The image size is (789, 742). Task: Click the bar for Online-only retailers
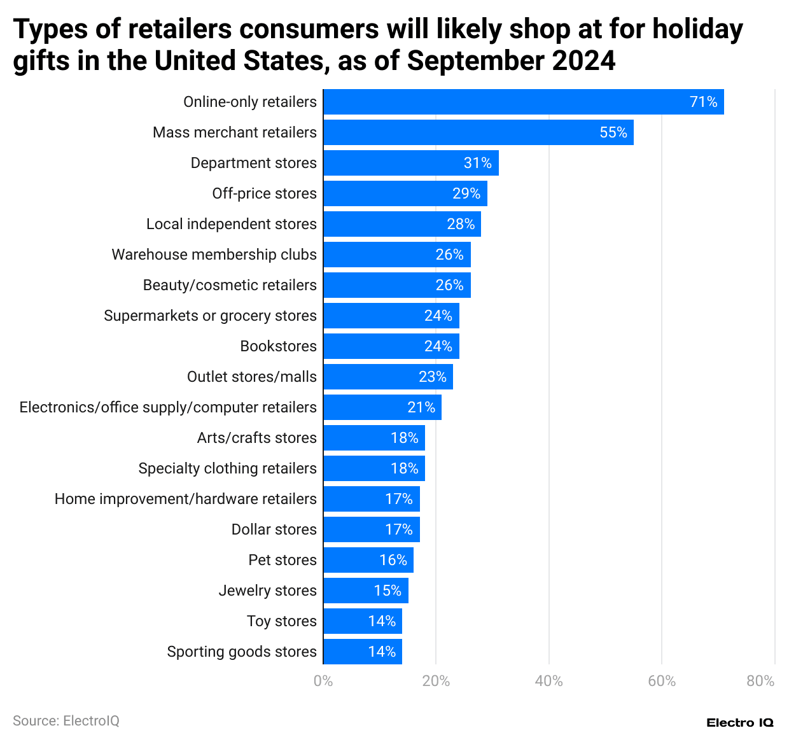click(523, 102)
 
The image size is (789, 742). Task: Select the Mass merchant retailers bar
click(478, 132)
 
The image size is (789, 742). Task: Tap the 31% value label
click(477, 163)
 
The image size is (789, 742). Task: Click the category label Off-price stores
click(264, 193)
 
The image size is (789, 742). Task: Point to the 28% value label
click(461, 224)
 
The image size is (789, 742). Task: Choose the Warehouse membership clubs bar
click(396, 255)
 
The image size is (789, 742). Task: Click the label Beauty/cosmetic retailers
click(230, 285)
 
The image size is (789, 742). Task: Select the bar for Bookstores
click(391, 346)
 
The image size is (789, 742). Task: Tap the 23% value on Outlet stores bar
click(432, 377)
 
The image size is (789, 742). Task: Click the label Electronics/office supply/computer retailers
click(168, 407)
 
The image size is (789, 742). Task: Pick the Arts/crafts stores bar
click(374, 438)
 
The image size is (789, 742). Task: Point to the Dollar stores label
click(274, 529)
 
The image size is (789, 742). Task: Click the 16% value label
click(393, 560)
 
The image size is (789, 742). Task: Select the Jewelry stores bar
click(365, 591)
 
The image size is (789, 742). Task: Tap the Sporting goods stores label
click(242, 652)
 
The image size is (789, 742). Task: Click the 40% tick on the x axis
click(548, 682)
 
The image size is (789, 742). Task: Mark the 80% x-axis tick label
click(760, 682)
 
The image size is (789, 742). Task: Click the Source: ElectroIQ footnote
click(66, 721)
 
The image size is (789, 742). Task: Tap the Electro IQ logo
click(740, 722)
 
